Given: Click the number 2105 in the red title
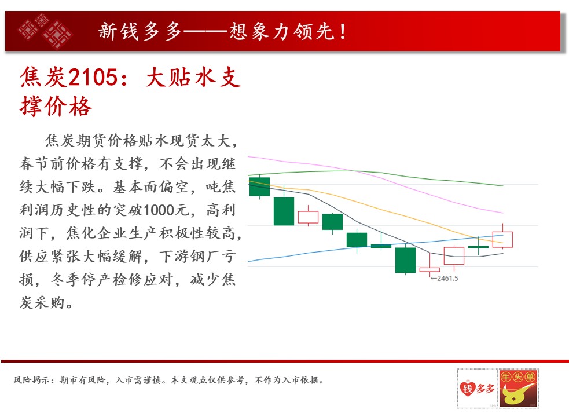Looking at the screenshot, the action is pos(93,78).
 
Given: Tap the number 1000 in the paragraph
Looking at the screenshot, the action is pos(159,210).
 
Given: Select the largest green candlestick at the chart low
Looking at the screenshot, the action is pos(405,260).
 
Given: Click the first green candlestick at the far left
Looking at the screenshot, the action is pos(259,186).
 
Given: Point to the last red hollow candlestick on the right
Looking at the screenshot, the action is pos(502,239).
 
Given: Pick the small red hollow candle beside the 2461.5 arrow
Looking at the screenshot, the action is pos(429,269).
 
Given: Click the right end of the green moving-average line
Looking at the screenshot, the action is pos(503,186).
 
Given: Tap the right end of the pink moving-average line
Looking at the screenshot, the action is pos(503,213).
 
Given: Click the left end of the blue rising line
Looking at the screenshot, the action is pos(248,261).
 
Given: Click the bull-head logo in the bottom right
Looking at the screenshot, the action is pos(518,388).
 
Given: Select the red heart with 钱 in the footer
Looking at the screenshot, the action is pos(468,388).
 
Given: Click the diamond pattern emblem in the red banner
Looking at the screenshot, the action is pos(45,31).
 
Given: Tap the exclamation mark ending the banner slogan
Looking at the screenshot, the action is pos(343,32).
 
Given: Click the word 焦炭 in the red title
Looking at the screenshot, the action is pos(43,78).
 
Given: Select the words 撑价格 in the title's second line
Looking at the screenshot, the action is pos(56,107).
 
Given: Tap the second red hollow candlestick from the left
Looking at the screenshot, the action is pos(454,256).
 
